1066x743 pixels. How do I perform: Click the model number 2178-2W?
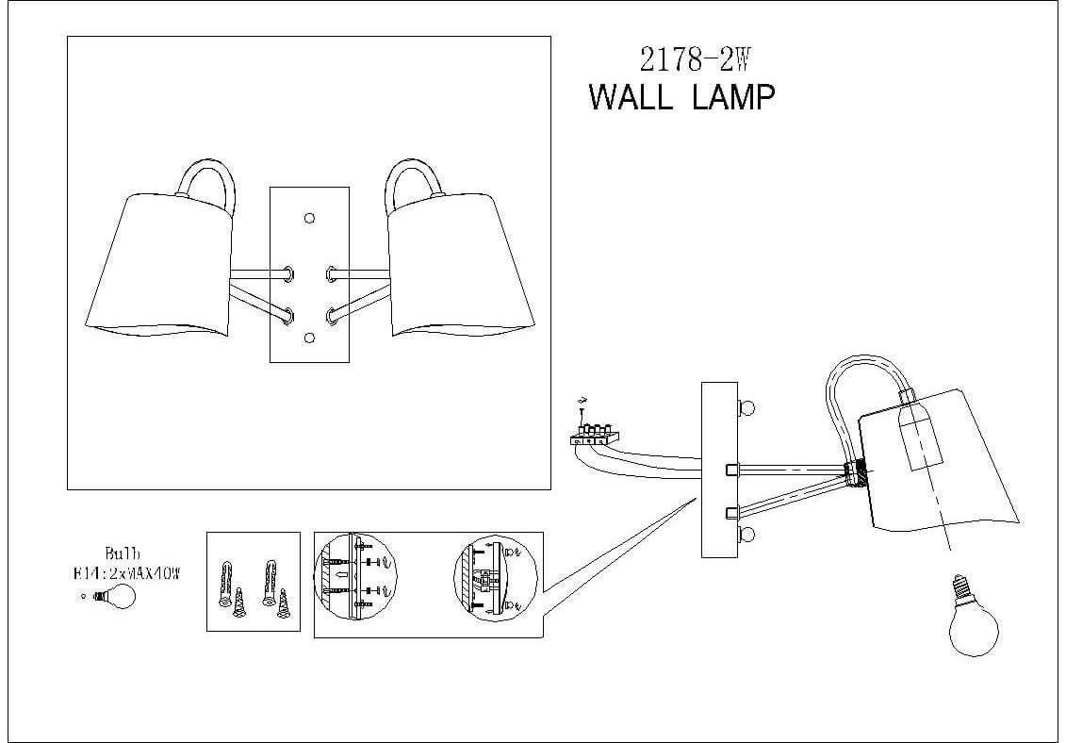coord(694,60)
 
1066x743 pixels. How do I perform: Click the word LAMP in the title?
coord(733,97)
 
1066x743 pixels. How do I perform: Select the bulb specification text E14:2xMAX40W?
coord(125,570)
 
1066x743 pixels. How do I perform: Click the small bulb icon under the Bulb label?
coord(115,596)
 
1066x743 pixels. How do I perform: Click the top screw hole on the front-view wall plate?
coord(309,219)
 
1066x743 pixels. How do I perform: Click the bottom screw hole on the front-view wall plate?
coord(309,337)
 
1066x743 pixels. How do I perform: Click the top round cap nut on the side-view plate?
coord(747,408)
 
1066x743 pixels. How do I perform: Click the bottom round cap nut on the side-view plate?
coord(747,536)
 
